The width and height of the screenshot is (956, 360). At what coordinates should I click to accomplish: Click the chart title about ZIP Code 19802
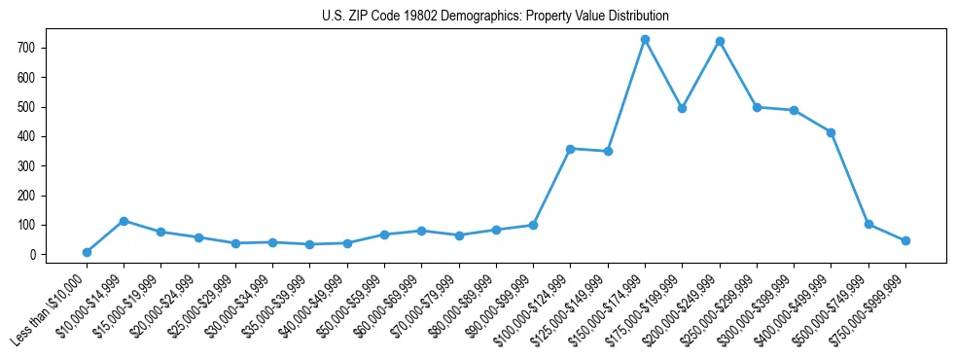(495, 17)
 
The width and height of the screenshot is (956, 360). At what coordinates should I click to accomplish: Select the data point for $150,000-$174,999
(645, 40)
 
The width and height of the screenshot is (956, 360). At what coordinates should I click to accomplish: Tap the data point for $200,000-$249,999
(720, 42)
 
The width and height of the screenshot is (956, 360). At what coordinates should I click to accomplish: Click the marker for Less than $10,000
(87, 252)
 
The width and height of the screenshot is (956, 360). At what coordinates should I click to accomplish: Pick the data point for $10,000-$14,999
(124, 221)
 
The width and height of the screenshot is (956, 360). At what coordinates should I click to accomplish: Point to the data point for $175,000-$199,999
(683, 108)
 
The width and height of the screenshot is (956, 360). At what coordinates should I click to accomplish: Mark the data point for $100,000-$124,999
(571, 149)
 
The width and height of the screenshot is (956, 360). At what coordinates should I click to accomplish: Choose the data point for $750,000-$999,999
(905, 240)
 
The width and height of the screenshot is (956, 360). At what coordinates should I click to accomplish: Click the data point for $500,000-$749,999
(868, 224)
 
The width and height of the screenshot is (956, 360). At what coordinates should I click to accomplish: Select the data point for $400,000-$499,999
(832, 132)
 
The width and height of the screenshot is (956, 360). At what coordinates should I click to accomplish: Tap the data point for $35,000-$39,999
(309, 244)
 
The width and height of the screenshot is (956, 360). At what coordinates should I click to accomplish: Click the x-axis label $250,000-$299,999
(719, 303)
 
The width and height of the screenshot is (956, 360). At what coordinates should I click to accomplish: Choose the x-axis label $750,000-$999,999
(867, 303)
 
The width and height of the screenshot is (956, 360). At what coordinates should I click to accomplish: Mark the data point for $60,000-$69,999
(421, 231)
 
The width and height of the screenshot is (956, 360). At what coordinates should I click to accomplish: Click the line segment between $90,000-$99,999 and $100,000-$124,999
(552, 187)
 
